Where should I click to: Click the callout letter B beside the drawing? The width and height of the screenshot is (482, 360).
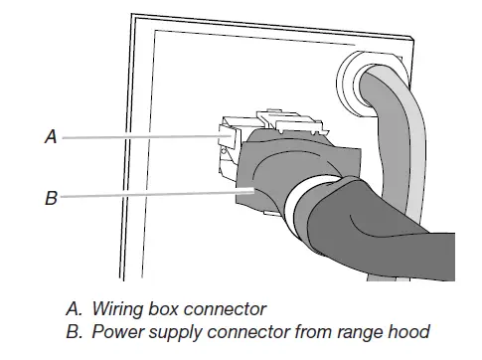(x=51, y=198)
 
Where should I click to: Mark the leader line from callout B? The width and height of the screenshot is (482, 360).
(x=149, y=197)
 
